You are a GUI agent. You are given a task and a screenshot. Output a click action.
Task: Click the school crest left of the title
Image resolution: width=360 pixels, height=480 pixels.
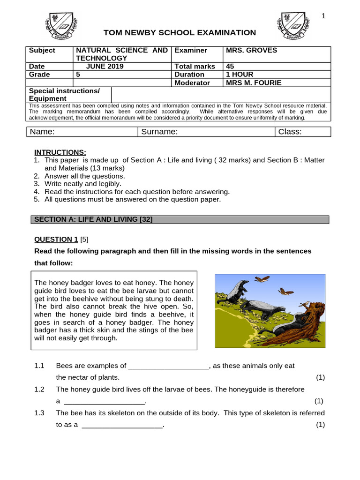pos(61,26)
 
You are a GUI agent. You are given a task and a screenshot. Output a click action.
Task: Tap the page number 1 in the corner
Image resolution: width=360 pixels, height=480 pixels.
pos(323,16)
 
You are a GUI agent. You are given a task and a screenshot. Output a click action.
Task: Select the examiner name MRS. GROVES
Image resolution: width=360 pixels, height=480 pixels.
pos(251,50)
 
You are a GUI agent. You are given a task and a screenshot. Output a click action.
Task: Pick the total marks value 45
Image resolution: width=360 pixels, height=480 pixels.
pos(230,67)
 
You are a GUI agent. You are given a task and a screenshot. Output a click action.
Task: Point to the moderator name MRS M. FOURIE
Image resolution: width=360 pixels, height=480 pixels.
pos(254,82)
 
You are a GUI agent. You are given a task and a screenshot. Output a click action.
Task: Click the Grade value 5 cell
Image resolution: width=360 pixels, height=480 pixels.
pos(78,75)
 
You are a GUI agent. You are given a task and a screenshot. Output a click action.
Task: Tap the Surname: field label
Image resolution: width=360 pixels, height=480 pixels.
pos(159,132)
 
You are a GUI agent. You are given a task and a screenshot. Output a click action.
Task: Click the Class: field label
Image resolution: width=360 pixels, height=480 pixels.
pos(290,132)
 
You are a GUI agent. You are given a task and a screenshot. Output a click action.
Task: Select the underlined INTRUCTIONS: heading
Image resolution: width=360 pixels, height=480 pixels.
pos(60,152)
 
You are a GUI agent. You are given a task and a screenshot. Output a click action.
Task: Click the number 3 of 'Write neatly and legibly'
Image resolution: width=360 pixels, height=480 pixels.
pos(36,184)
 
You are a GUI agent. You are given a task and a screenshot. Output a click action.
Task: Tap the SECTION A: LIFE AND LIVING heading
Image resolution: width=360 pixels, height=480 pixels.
pos(92,219)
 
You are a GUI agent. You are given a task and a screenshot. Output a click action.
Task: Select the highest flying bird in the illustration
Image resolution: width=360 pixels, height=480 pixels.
pos(262,279)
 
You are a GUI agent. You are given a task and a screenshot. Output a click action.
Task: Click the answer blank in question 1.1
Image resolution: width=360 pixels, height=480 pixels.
pos(168,366)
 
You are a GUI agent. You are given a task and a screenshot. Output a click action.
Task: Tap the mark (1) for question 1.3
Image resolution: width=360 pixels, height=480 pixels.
pos(320,425)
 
